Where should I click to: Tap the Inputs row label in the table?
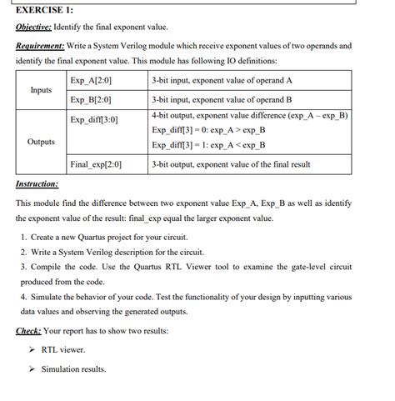tap(40, 90)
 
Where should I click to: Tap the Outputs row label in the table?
tap(41, 142)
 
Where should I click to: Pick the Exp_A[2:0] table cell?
tap(92, 81)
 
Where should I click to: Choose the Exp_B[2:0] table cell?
tap(92, 100)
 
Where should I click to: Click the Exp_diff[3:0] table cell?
tap(94, 120)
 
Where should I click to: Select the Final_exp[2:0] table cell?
tap(97, 164)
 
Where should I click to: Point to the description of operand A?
tap(222, 81)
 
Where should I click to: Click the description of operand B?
tap(222, 100)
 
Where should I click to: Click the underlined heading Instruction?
tap(37, 183)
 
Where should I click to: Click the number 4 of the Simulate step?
tap(22, 296)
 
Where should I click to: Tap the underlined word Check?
tap(28, 331)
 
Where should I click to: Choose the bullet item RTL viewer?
tap(63, 349)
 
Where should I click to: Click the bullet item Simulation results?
tap(73, 368)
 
